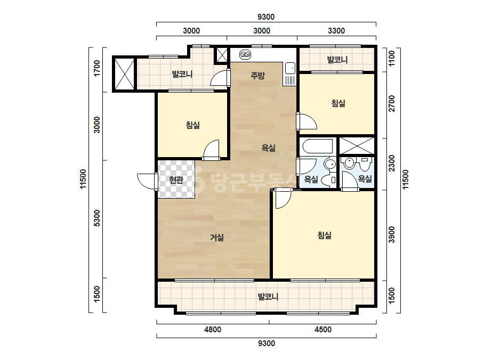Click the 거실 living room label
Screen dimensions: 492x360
click(217, 238)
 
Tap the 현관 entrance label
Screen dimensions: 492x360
click(176, 179)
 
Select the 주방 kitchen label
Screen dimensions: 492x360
click(257, 75)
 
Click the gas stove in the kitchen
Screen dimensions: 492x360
click(245, 55)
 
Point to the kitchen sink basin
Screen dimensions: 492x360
click(290, 68)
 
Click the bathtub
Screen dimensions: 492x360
click(318, 146)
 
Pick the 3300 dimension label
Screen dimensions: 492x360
click(336, 31)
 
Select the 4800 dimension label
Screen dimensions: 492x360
click(213, 330)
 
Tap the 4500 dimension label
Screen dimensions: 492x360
click(323, 330)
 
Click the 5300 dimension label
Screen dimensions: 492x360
click(97, 218)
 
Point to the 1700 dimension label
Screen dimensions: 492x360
click(97, 68)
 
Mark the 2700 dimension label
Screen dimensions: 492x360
click(392, 103)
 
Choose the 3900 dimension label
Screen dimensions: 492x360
click(392, 234)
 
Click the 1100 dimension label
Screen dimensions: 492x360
click(392, 59)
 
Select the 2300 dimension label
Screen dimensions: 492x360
click(392, 163)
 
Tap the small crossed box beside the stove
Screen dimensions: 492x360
click(222, 55)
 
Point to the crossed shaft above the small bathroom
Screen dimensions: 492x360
click(357, 146)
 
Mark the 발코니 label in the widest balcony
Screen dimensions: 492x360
click(268, 296)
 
